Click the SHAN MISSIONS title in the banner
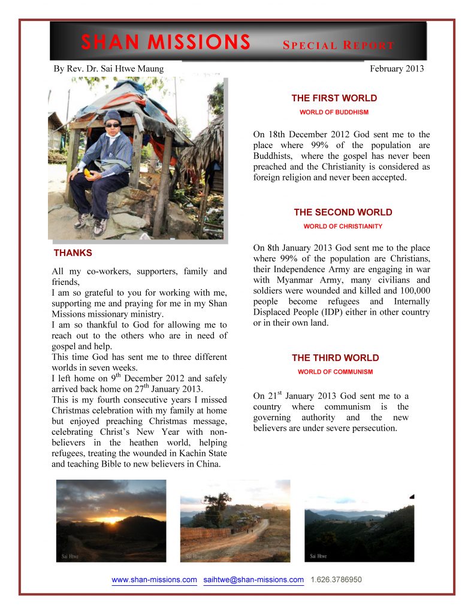click(x=165, y=42)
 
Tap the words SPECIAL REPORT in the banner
click(x=339, y=46)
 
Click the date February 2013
click(x=397, y=68)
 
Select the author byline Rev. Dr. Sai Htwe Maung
click(x=108, y=68)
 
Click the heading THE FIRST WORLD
click(x=334, y=98)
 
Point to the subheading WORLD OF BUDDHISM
click(x=334, y=112)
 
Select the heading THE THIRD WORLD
click(x=336, y=358)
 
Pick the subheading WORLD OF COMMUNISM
click(x=335, y=372)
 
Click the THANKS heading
click(x=73, y=253)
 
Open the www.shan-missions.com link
click(x=155, y=580)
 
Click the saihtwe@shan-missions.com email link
click(x=253, y=580)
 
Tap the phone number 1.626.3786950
click(x=336, y=580)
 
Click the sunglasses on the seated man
click(x=112, y=125)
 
